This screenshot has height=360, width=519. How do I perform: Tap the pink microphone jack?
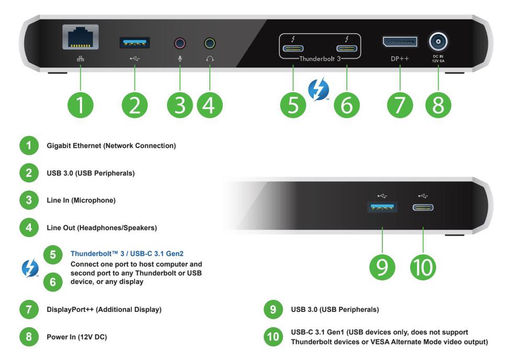180,43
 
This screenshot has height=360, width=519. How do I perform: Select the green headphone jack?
210,43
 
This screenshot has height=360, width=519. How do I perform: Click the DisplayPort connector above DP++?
400,42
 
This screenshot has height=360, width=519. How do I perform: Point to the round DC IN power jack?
438,41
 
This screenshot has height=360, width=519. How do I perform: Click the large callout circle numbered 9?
382,266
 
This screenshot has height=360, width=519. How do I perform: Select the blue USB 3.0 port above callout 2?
135,43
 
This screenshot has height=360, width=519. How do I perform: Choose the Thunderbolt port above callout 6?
346,50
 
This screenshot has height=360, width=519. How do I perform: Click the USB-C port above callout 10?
423,208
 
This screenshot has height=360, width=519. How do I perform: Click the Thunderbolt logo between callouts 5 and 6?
319,89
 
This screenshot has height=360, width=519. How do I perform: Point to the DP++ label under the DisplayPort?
400,59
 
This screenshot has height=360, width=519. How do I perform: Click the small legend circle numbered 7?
29,309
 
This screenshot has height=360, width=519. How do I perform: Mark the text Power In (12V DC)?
76,337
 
